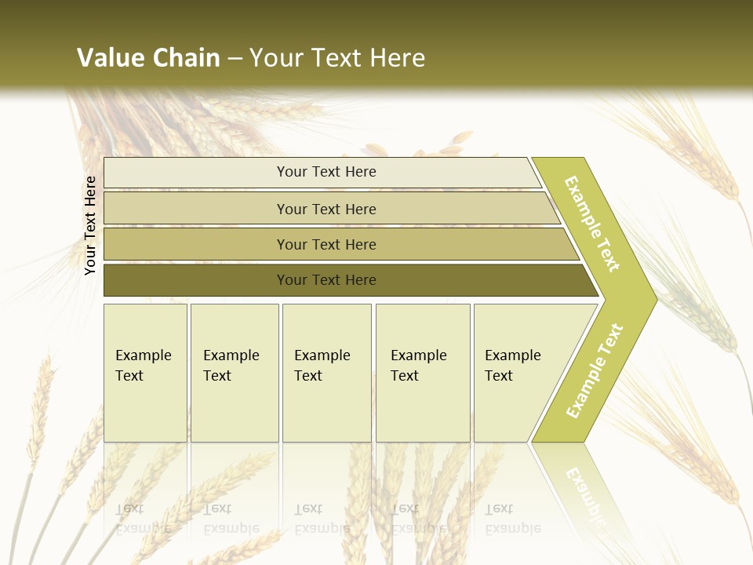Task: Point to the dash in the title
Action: pyautogui.click(x=235, y=59)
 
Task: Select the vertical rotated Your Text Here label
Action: pyautogui.click(x=90, y=225)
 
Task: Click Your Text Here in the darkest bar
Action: pyautogui.click(x=326, y=280)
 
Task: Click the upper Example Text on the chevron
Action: pyautogui.click(x=592, y=224)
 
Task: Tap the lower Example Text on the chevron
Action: pyautogui.click(x=595, y=370)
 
